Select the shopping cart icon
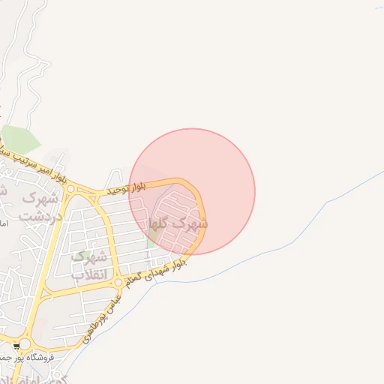tap(16, 346)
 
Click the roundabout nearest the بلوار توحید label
tap(70, 189)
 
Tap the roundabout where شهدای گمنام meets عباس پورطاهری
tap(118, 283)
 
